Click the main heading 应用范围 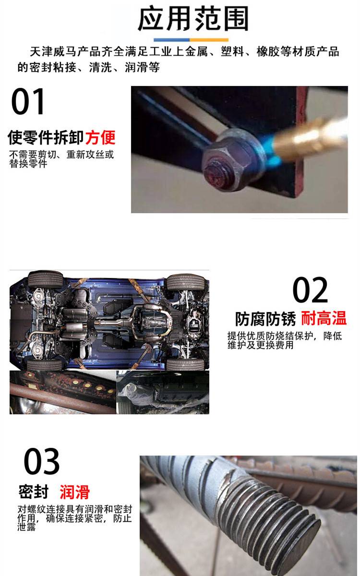tap(193, 19)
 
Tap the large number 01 tap(28, 102)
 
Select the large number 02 tap(310, 290)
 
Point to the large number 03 tap(41, 461)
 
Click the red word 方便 tap(100, 138)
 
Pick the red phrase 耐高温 tap(324, 318)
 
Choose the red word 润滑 tap(74, 492)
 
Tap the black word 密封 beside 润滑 tap(34, 492)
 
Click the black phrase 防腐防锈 tap(265, 319)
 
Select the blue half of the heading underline tap(171, 40)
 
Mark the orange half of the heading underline tap(209, 40)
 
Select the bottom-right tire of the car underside tap(185, 364)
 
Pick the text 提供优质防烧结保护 tap(270, 336)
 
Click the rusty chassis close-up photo tap(63, 392)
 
